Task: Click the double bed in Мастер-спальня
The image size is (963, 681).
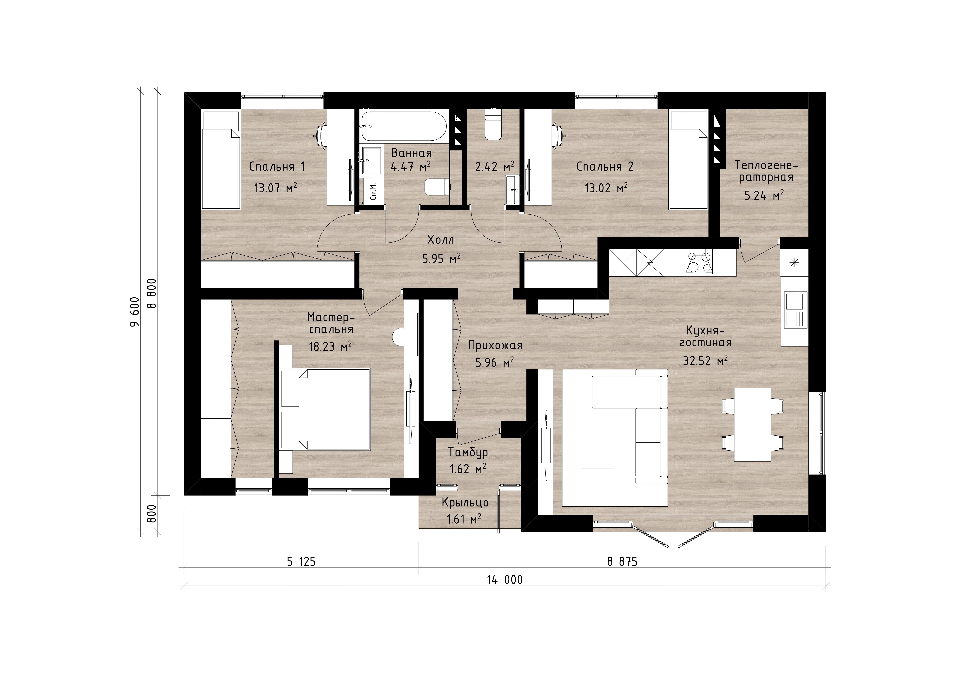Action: click(x=326, y=409)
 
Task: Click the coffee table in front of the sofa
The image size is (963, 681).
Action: click(x=598, y=449)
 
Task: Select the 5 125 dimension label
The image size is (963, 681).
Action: click(x=301, y=561)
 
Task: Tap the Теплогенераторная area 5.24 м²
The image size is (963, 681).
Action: click(x=764, y=195)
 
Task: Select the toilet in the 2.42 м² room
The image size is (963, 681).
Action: click(x=493, y=125)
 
